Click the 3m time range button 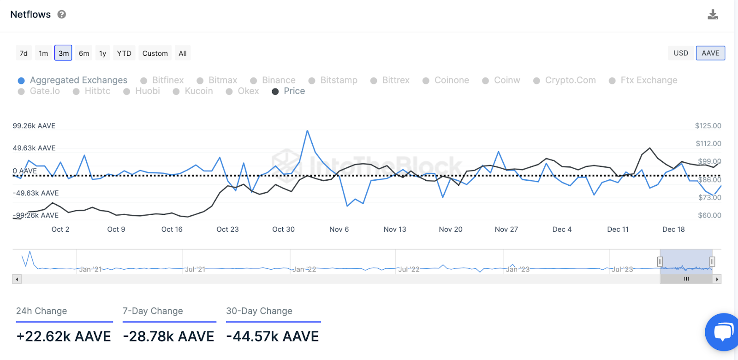coord(64,53)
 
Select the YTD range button coord(124,53)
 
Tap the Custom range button coord(155,53)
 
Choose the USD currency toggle coord(680,53)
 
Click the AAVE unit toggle coord(710,53)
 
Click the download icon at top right coord(713,15)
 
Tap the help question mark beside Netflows coord(62,15)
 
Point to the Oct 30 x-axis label coord(283,229)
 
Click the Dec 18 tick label coord(673,229)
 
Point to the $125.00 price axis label coord(708,126)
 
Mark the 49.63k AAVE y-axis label coord(34,148)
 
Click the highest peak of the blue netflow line coord(307,131)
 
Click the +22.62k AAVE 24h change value coord(64,336)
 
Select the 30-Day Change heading coord(259,311)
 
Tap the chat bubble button coord(723,332)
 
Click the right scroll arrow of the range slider coord(717,279)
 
